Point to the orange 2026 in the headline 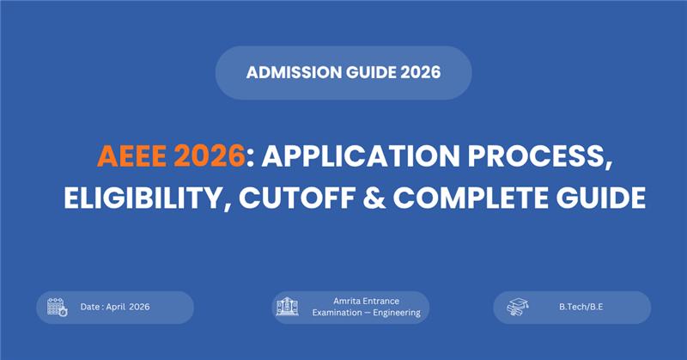(x=212, y=158)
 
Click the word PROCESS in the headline (x=534, y=158)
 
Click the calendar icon (x=57, y=308)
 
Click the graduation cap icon (x=518, y=308)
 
